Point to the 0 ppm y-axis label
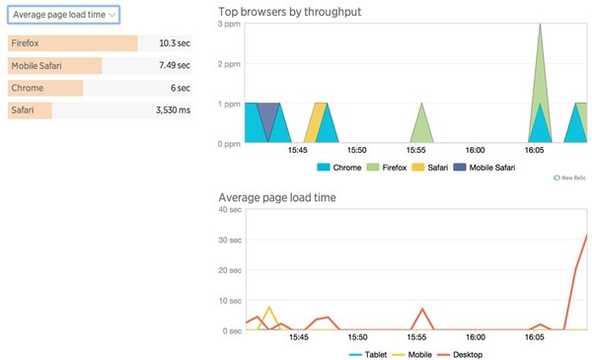click(228, 144)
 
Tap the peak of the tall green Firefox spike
click(540, 25)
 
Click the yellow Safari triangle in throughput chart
click(314, 123)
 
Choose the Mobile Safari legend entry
click(485, 168)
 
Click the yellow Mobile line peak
click(268, 308)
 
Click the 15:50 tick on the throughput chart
click(356, 151)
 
